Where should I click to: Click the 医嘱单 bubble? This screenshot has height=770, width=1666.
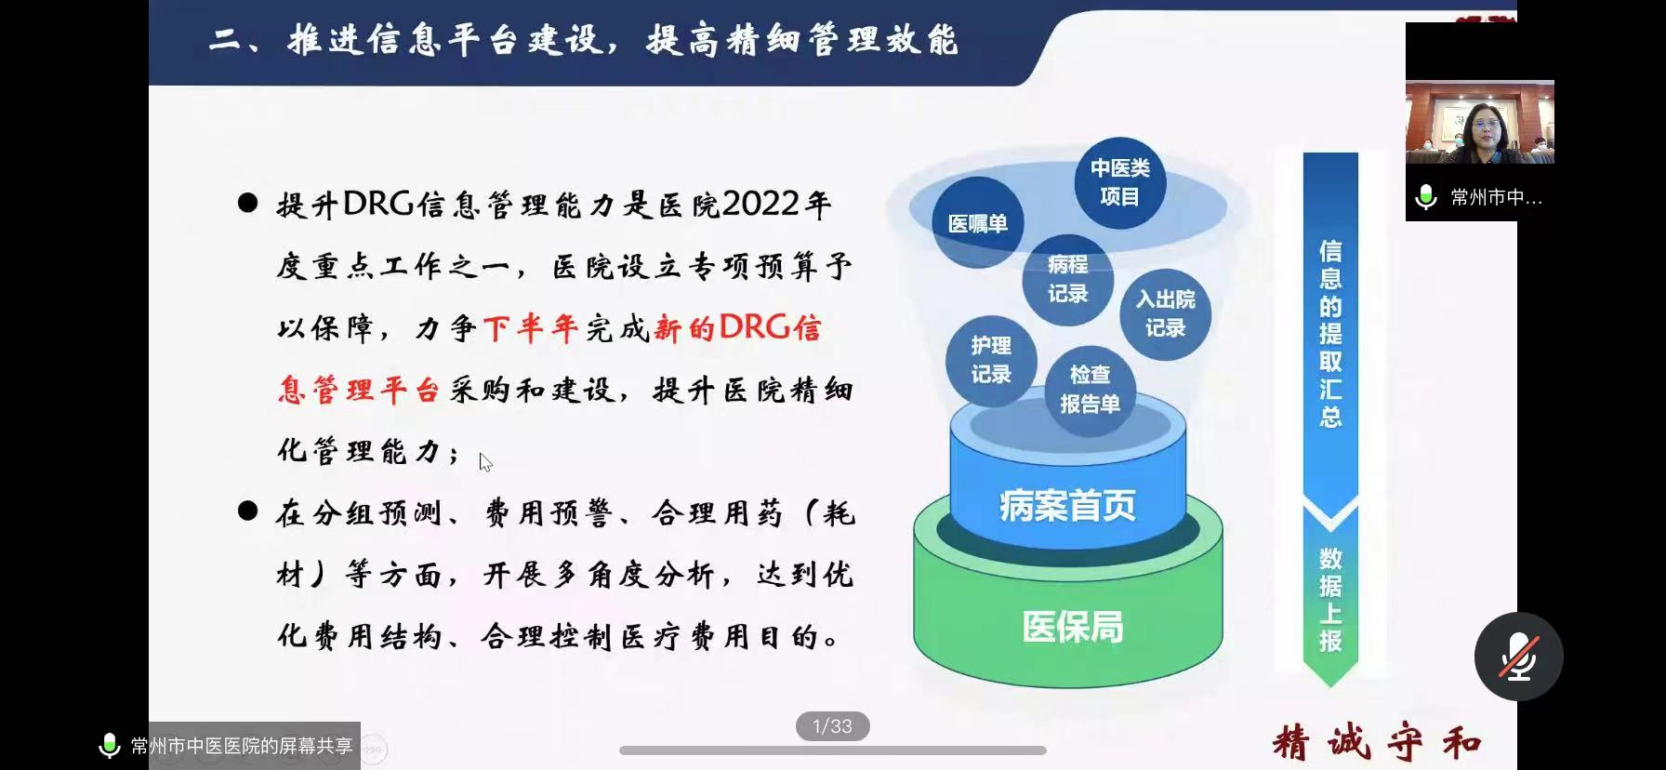pyautogui.click(x=977, y=223)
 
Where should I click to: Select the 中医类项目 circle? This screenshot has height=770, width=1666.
pyautogui.click(x=1119, y=182)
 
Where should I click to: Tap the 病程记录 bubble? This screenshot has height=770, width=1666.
pyautogui.click(x=1067, y=279)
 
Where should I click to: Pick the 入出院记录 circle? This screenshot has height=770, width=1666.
pyautogui.click(x=1165, y=313)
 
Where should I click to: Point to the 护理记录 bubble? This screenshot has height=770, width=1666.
pyautogui.click(x=991, y=360)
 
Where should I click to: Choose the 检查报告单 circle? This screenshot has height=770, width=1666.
pyautogui.click(x=1090, y=390)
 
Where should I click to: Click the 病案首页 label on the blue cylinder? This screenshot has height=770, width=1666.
pyautogui.click(x=1067, y=506)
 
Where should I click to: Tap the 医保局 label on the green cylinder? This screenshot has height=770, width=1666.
pyautogui.click(x=1073, y=627)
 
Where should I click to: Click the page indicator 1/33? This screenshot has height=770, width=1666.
pyautogui.click(x=832, y=726)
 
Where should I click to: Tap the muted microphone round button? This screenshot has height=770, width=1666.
pyautogui.click(x=1518, y=657)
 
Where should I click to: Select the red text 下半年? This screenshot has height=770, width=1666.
pyautogui.click(x=531, y=328)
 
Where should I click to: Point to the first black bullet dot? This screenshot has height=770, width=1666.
pyautogui.click(x=247, y=203)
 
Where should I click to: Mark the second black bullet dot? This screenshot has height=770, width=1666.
pyautogui.click(x=247, y=510)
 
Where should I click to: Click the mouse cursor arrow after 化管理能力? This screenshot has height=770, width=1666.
pyautogui.click(x=485, y=462)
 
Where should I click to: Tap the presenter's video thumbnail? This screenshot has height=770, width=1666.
pyautogui.click(x=1479, y=122)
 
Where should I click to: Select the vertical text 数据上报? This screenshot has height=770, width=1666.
pyautogui.click(x=1330, y=600)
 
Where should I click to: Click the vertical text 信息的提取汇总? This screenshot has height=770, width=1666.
pyautogui.click(x=1330, y=333)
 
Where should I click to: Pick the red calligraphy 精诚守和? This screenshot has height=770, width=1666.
pyautogui.click(x=1377, y=743)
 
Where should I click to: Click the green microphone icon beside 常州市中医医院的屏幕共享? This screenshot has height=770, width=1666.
pyautogui.click(x=110, y=746)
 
